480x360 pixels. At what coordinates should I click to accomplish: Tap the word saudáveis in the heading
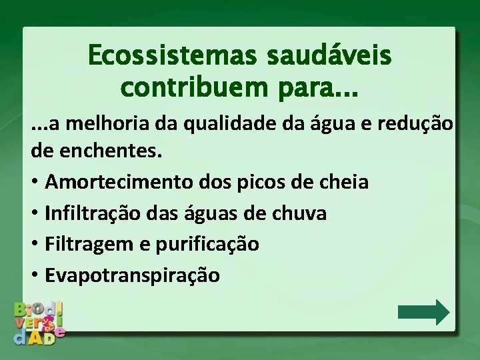coord(329,56)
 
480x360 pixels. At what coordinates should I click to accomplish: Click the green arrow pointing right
coord(423,312)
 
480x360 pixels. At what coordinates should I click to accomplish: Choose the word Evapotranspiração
coord(132,275)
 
